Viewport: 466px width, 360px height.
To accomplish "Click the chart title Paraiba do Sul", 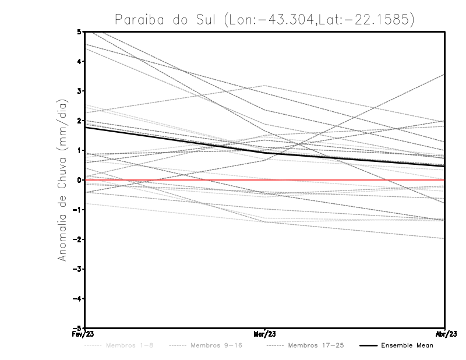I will [x=265, y=20].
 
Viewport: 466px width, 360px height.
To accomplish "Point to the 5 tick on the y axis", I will [x=79, y=31].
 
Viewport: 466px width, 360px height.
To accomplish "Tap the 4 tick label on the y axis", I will [x=79, y=61].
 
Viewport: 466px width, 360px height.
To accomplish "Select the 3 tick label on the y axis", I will [x=79, y=91].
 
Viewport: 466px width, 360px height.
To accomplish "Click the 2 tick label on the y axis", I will [x=79, y=121].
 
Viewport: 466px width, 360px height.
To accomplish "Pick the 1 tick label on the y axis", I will [x=79, y=150].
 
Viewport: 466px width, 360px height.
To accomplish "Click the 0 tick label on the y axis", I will [x=79, y=180].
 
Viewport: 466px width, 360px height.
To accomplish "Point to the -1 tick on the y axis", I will [x=77, y=210].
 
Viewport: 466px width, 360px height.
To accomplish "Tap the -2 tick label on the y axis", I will [x=77, y=239].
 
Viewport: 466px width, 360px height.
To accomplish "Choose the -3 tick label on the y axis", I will [x=77, y=269].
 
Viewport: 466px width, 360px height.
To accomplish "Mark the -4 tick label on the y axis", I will [x=77, y=299].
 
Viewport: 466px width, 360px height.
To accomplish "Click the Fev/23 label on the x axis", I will [x=85, y=334].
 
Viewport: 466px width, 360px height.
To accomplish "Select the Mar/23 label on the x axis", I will [x=265, y=334].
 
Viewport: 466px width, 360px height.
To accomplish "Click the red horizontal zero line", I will [x=349, y=180].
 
